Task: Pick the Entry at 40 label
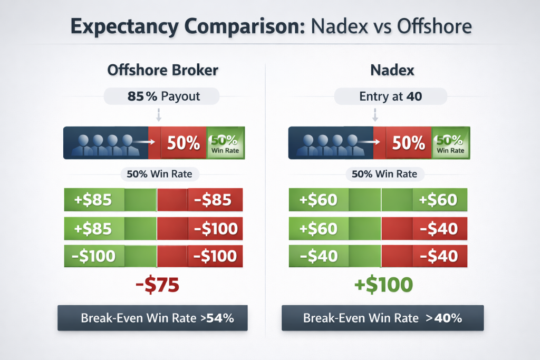tap(390, 96)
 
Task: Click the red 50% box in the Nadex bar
tap(408, 143)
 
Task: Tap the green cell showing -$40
tap(319, 256)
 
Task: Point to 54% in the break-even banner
tap(221, 318)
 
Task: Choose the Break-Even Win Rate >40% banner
tap(382, 318)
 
